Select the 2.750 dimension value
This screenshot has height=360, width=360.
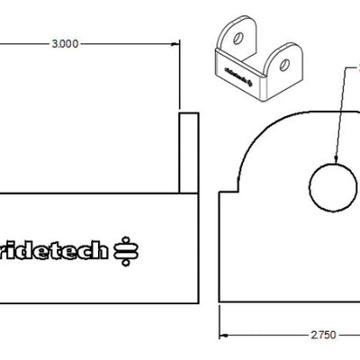point(323,334)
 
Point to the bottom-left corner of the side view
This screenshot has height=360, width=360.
point(220,300)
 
